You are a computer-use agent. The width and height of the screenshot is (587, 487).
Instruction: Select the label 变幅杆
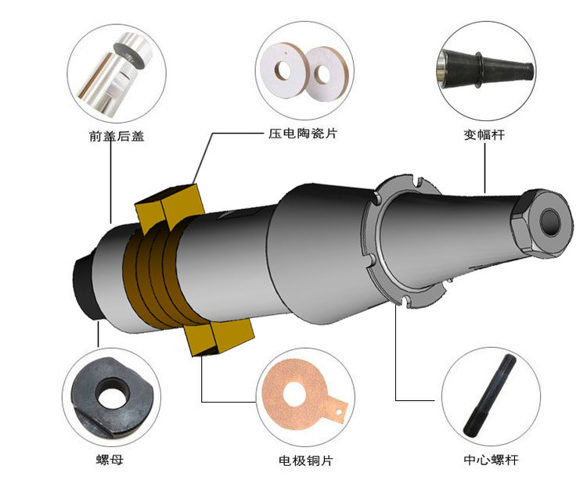484,134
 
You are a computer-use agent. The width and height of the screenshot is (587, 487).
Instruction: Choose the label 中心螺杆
492,460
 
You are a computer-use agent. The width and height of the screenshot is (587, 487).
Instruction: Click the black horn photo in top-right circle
481,67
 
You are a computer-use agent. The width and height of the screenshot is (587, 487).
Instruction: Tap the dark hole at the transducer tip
547,221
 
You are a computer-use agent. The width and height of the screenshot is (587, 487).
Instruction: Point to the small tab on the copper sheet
338,406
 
